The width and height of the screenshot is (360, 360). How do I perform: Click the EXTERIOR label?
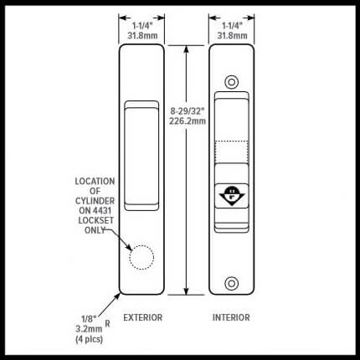click(142, 317)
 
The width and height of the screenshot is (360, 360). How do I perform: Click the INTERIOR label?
click(231, 317)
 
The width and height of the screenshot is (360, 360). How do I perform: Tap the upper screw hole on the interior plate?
click(231, 82)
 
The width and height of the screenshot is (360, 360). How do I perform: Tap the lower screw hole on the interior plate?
click(231, 283)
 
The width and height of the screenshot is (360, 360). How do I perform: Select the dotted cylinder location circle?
click(141, 257)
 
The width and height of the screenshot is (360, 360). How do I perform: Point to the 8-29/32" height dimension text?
click(188, 111)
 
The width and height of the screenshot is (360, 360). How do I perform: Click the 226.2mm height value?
click(188, 121)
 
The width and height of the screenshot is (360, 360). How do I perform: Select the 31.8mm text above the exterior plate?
click(142, 36)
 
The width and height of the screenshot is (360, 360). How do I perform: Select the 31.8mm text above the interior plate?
click(232, 36)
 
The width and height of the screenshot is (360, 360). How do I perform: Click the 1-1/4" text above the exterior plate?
click(142, 26)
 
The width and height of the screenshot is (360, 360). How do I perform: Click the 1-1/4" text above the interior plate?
click(232, 26)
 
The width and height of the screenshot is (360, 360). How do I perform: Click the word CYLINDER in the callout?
click(95, 201)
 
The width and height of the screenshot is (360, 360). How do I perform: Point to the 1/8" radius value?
click(89, 319)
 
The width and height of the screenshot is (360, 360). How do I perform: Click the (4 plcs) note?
click(89, 339)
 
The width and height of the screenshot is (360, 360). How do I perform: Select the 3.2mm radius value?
click(89, 329)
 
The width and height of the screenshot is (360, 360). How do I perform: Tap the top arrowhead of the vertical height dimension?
click(187, 49)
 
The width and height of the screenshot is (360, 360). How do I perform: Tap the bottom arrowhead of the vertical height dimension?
click(187, 291)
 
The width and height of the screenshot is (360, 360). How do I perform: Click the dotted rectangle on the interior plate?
click(231, 152)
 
